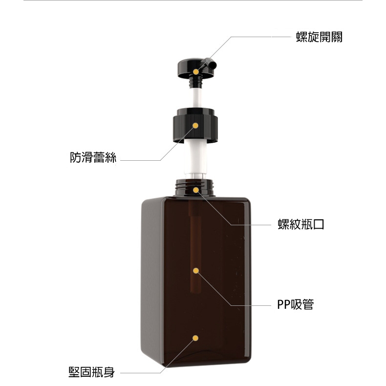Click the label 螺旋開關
319,37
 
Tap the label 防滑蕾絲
93,157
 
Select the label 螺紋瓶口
301,224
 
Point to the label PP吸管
296,304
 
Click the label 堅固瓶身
91,372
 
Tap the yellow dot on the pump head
196,72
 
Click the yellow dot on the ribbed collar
195,126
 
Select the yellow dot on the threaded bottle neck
196,190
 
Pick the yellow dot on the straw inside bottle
196,271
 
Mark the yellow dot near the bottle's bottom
195,338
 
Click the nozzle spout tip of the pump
214,65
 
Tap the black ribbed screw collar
195,125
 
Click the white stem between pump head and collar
196,98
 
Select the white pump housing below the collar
195,157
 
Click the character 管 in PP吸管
308,304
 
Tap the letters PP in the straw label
284,304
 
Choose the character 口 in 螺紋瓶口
319,224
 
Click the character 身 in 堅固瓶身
109,372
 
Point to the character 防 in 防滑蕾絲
75,157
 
